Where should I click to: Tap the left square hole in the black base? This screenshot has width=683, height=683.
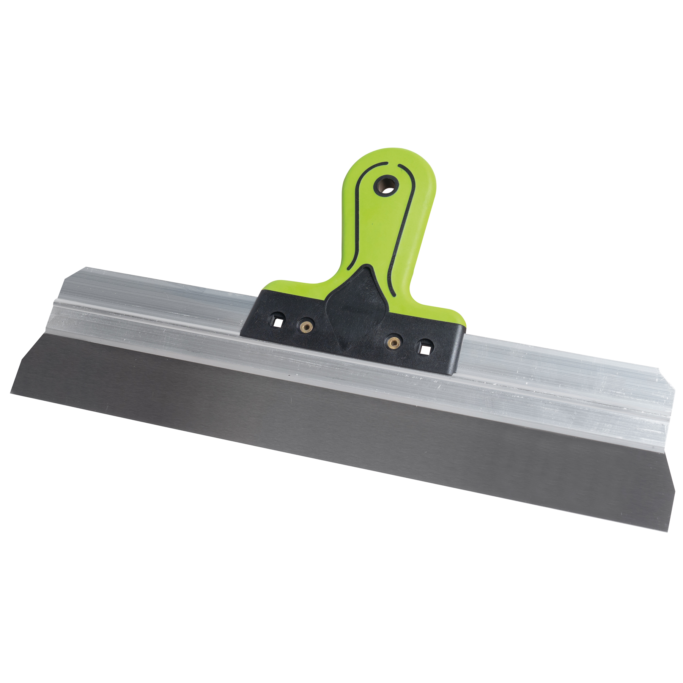[278, 321]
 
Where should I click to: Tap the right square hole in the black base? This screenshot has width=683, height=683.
[425, 347]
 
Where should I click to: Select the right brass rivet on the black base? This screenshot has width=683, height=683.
[393, 342]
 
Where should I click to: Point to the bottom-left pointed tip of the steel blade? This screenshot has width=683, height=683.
[11, 393]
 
